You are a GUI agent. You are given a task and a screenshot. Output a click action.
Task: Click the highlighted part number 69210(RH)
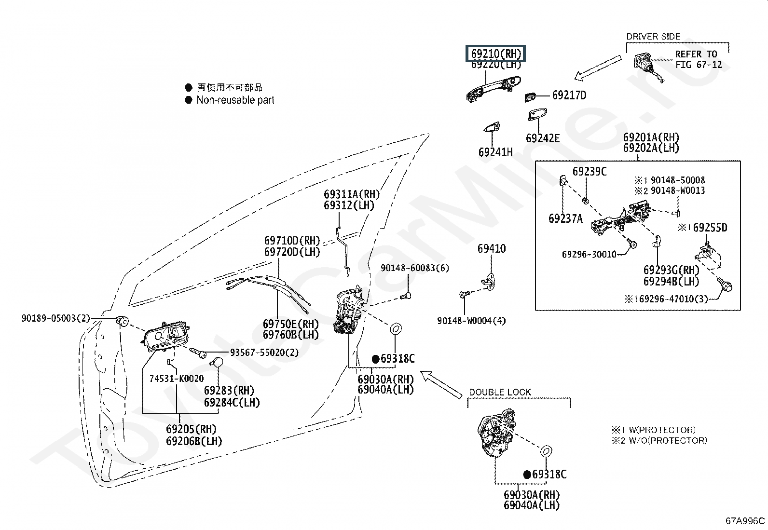pyautogui.click(x=496, y=54)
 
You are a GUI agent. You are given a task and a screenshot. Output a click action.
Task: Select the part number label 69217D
pyautogui.click(x=569, y=95)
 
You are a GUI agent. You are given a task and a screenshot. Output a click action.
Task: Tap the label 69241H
pyautogui.click(x=495, y=152)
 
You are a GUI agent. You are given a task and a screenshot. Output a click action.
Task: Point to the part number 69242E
pyautogui.click(x=543, y=138)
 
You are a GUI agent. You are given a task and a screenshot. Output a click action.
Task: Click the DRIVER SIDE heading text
pyautogui.click(x=653, y=37)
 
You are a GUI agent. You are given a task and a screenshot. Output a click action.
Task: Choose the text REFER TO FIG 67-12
pyautogui.click(x=699, y=59)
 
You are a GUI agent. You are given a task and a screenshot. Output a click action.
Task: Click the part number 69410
pyautogui.click(x=492, y=248)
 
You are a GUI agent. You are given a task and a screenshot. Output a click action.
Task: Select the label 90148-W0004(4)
pyautogui.click(x=471, y=321)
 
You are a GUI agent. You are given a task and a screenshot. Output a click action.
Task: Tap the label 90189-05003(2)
pyautogui.click(x=56, y=318)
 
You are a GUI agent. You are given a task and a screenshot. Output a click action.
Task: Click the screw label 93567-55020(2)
pyautogui.click(x=264, y=353)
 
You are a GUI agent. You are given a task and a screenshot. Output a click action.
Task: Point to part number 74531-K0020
pyautogui.click(x=177, y=379)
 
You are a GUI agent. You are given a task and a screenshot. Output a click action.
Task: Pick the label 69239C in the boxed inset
pyautogui.click(x=590, y=171)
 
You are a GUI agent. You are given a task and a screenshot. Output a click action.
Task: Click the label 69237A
pyautogui.click(x=565, y=218)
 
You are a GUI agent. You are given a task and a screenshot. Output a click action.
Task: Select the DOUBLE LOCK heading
pyautogui.click(x=500, y=392)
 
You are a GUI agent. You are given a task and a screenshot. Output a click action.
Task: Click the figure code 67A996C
pyautogui.click(x=745, y=521)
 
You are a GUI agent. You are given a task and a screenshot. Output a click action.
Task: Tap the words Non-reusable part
pyautogui.click(x=235, y=100)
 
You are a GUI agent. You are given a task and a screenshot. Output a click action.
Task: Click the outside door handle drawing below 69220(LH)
pyautogui.click(x=494, y=90)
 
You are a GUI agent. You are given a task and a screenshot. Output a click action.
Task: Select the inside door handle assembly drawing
pyautogui.click(x=165, y=337)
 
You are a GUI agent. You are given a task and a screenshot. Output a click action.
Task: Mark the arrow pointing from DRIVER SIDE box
pyautogui.click(x=598, y=68)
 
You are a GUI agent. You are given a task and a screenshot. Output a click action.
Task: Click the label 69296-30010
pyautogui.click(x=589, y=254)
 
